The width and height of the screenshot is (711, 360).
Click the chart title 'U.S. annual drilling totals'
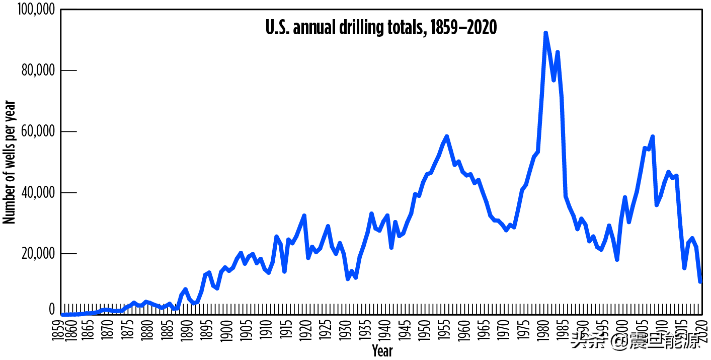point(381,28)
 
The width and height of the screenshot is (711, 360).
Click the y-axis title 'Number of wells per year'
point(10,162)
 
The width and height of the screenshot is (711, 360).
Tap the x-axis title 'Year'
point(382,350)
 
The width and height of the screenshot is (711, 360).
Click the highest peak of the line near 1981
point(545,33)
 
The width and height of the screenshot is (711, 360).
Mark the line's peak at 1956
point(446,136)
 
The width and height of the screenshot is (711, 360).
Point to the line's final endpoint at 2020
point(700,281)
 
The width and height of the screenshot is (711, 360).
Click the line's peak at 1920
point(304,215)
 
